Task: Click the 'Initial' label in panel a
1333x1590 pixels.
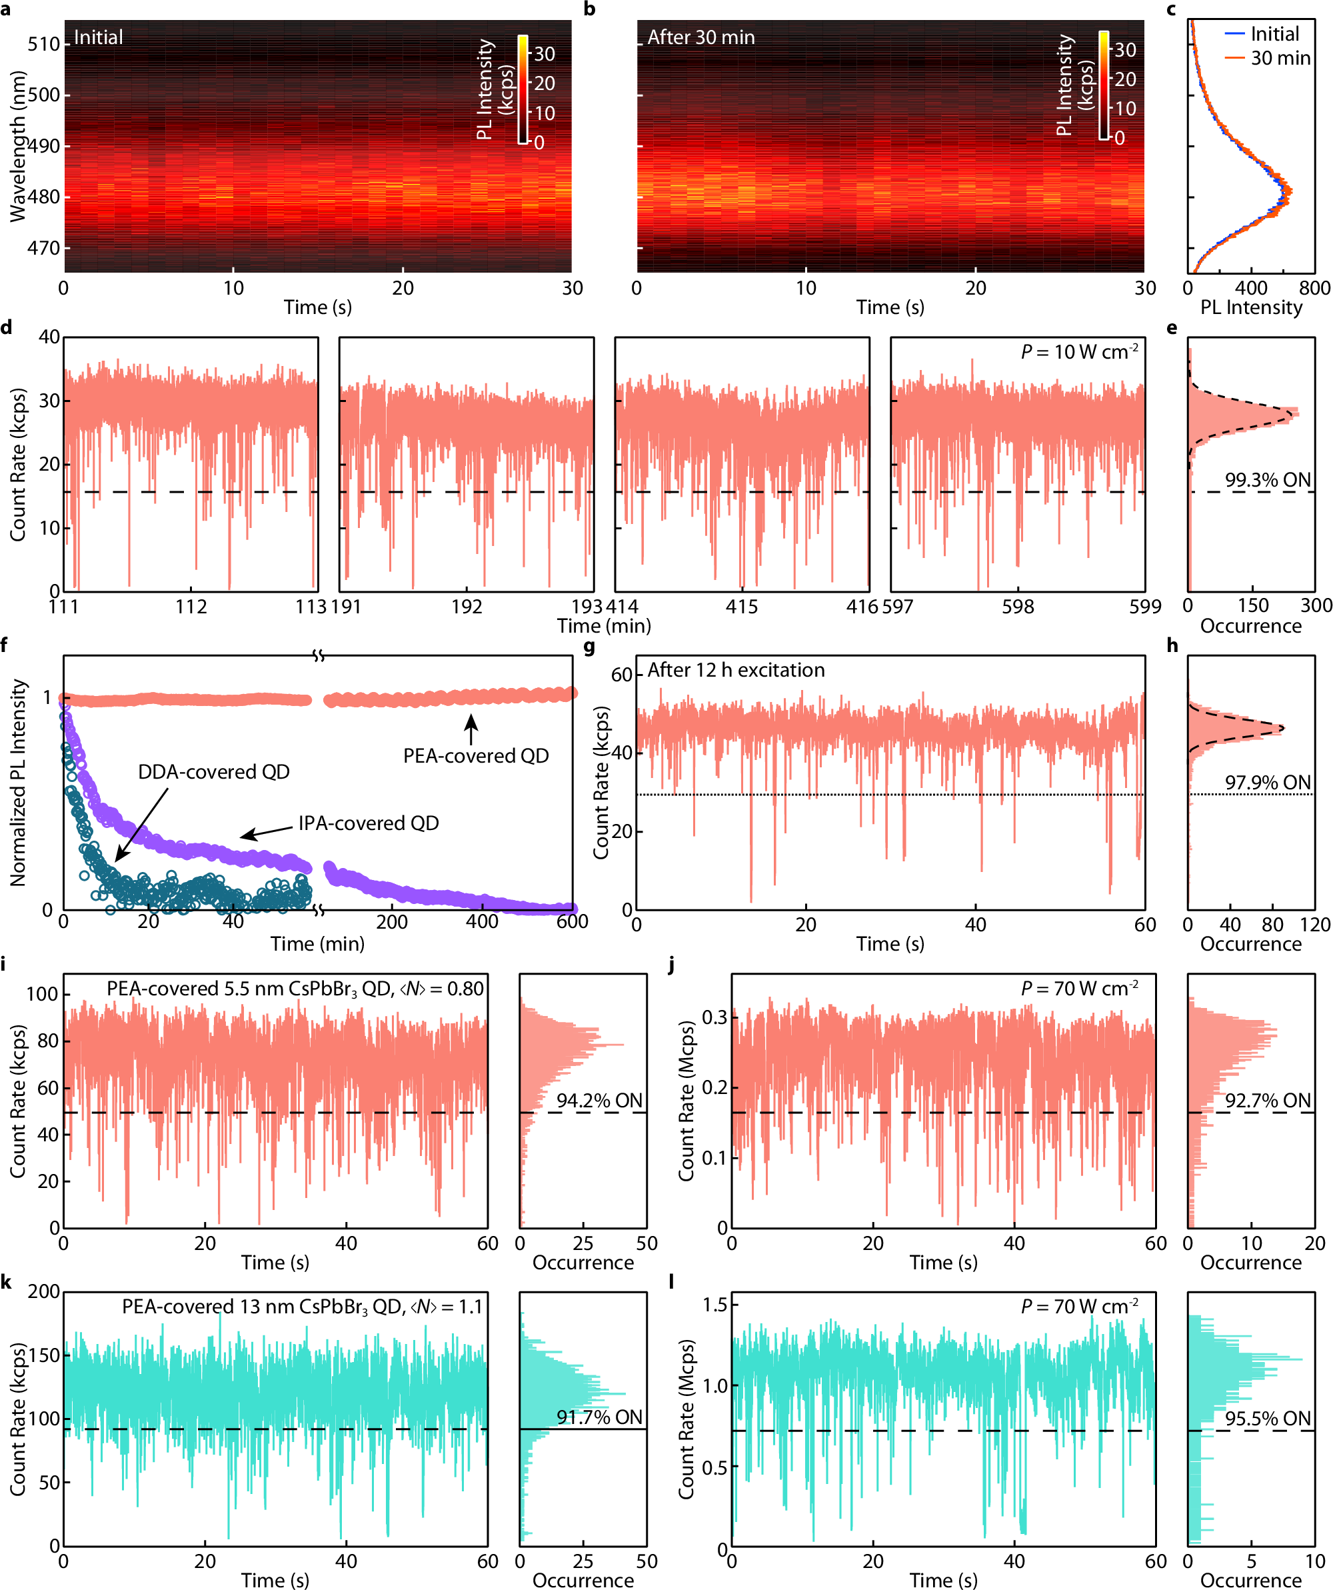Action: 98,37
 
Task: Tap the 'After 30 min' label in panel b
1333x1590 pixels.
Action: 700,37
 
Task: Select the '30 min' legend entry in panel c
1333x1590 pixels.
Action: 1279,58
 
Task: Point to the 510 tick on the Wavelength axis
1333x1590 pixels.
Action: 43,44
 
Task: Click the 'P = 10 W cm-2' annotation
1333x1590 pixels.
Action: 1078,352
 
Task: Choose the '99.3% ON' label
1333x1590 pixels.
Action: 1267,480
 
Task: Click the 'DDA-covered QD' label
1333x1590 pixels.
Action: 213,771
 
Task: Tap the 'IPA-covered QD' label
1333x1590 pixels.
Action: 368,823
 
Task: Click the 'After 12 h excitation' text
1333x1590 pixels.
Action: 735,670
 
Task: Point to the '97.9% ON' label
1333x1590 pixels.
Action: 1267,782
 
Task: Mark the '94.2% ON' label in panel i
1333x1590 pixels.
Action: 599,1100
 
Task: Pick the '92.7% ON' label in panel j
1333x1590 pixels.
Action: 1267,1100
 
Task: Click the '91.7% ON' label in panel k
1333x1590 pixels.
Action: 599,1417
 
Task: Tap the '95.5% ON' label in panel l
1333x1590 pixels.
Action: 1267,1419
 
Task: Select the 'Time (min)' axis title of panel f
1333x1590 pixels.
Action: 317,944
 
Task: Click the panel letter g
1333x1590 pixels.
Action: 589,646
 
